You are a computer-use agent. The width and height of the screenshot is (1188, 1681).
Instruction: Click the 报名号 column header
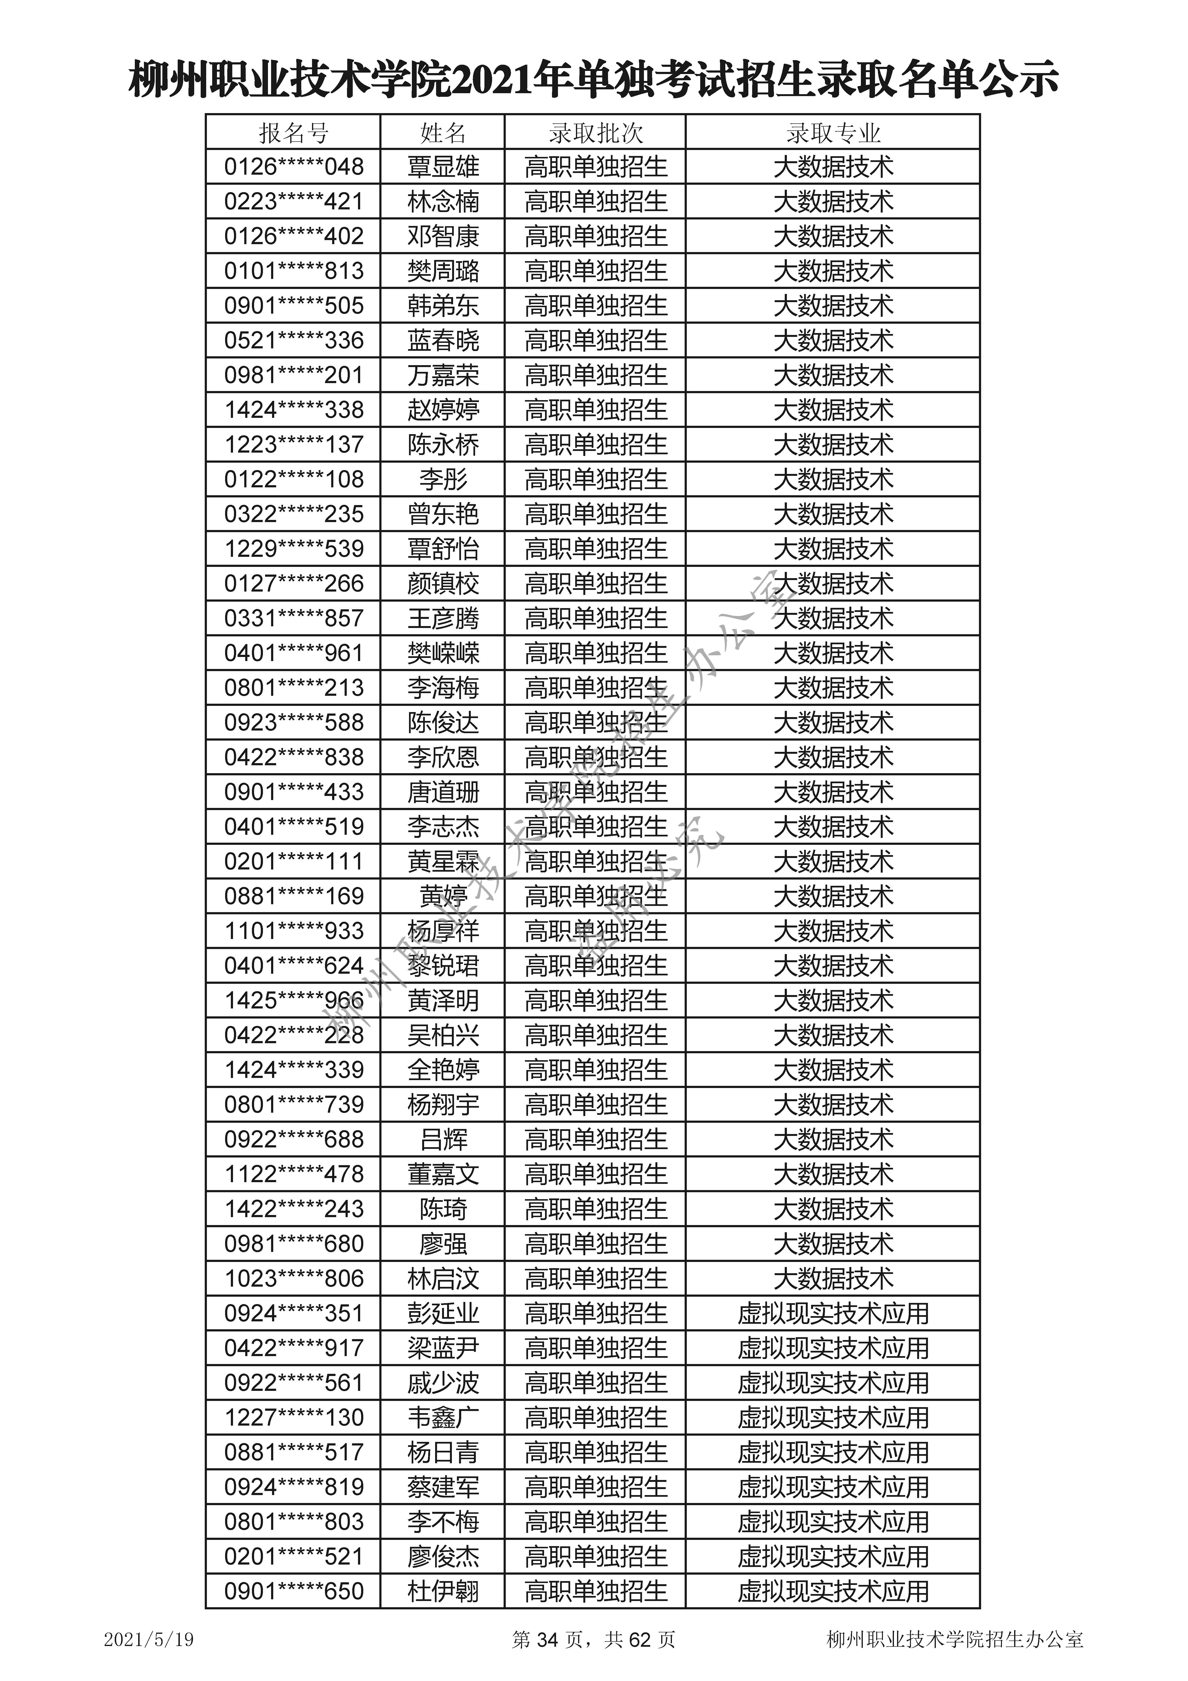point(294,133)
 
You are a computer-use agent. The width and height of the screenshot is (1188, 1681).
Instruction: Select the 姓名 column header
point(443,133)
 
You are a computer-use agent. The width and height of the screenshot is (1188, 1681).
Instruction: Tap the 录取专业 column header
point(833,133)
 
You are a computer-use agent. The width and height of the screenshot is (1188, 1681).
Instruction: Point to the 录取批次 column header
point(595,133)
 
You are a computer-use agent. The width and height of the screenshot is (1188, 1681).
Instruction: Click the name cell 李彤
point(443,480)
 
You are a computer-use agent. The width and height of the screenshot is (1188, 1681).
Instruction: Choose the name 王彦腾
point(443,619)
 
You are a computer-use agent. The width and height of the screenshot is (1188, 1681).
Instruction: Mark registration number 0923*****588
point(294,723)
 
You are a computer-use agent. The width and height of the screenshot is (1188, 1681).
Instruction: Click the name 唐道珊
point(443,792)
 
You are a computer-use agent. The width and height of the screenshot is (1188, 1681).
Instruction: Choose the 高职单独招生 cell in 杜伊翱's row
point(595,1591)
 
